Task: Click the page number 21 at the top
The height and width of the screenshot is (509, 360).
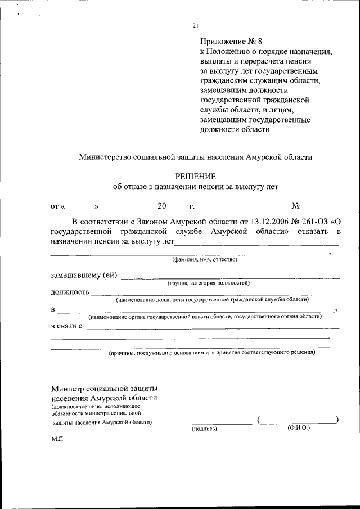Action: (195, 25)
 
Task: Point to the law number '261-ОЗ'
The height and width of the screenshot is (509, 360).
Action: (305, 222)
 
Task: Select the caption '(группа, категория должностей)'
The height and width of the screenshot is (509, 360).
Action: (208, 283)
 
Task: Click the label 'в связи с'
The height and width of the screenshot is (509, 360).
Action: (67, 326)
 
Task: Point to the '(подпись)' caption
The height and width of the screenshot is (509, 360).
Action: (204, 429)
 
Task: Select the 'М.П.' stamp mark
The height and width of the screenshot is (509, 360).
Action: (58, 439)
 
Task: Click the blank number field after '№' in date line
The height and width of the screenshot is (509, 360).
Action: (321, 208)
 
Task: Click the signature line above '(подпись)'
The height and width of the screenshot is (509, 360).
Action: (206, 422)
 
